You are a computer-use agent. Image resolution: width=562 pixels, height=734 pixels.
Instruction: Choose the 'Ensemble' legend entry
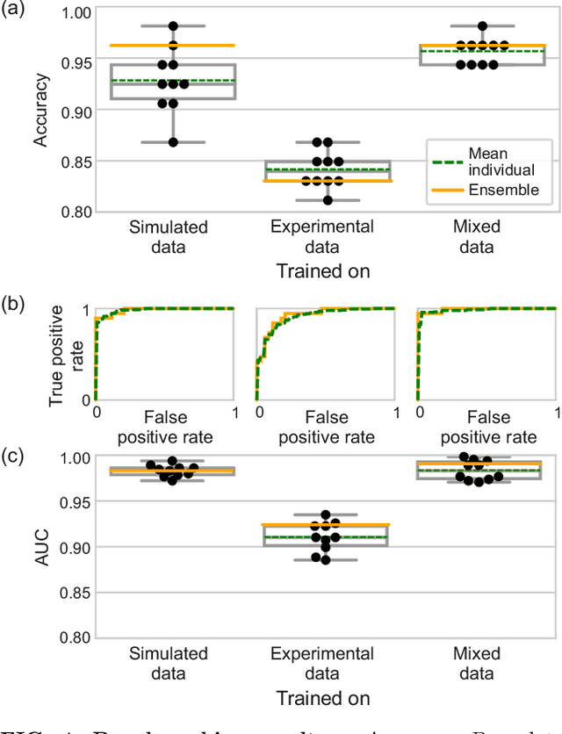[x=504, y=190]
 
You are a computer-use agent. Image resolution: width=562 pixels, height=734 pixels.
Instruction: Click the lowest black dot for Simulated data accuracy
[x=173, y=142]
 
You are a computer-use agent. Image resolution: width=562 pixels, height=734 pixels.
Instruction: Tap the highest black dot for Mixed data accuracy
[x=482, y=26]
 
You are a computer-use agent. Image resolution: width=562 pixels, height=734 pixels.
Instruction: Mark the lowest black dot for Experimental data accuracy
[x=328, y=200]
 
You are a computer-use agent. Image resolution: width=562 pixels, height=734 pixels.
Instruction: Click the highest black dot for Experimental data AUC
[x=326, y=515]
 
